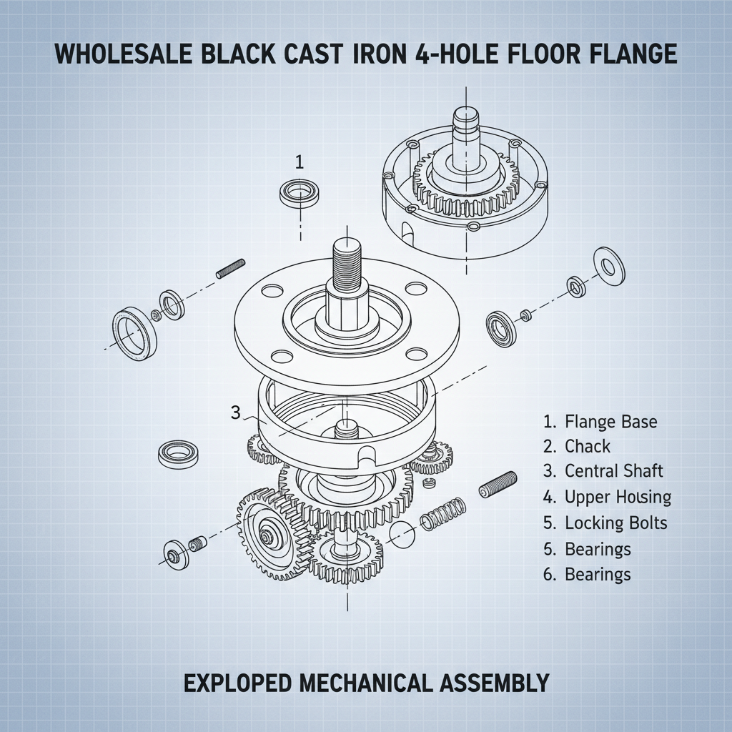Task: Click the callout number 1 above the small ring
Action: tap(300, 162)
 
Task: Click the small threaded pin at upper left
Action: tap(230, 269)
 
